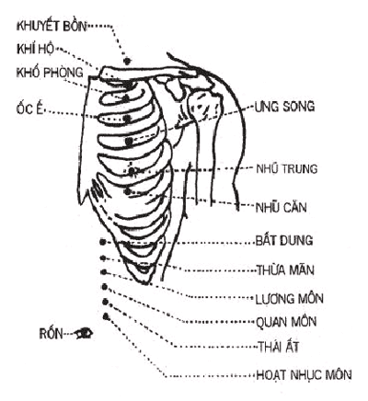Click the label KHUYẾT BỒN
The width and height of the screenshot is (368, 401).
(x=52, y=26)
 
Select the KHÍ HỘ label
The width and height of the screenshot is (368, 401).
(x=35, y=49)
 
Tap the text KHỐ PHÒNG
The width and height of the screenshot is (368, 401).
(x=50, y=73)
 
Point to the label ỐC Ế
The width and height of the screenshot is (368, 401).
(x=29, y=109)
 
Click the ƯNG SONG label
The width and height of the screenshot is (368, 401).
(x=284, y=106)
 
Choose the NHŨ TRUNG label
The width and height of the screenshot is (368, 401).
(x=286, y=168)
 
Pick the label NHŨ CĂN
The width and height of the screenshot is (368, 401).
(x=281, y=207)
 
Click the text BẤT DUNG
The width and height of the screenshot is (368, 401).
(x=284, y=240)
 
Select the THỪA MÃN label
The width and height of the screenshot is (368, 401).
(x=285, y=269)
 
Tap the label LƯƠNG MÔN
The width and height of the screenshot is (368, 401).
(x=289, y=299)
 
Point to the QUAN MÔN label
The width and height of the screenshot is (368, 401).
(x=286, y=322)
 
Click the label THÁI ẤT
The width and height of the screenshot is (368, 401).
(x=278, y=347)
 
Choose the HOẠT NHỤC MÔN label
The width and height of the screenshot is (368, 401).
(x=304, y=374)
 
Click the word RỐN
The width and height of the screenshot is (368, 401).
(x=52, y=334)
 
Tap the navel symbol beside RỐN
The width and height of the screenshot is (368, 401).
(x=84, y=333)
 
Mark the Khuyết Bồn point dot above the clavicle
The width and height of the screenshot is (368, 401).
(x=127, y=61)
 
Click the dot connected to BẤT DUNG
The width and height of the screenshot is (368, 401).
(x=103, y=242)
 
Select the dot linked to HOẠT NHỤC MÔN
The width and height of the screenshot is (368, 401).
(x=106, y=315)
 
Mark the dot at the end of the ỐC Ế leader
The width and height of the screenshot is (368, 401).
(x=126, y=118)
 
